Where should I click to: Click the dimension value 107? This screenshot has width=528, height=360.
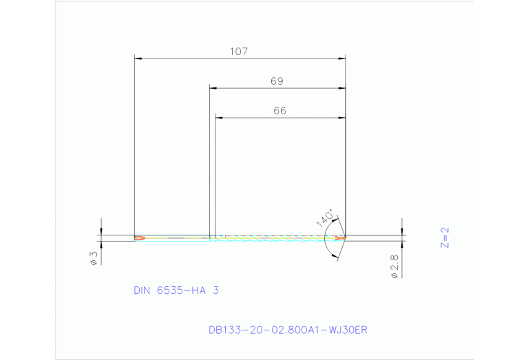click(239, 51)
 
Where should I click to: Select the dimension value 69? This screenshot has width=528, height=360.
click(277, 81)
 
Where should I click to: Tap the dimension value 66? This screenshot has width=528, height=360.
click(279, 110)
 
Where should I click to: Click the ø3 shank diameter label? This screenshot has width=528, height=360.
click(94, 258)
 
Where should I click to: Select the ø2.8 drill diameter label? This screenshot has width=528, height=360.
click(394, 266)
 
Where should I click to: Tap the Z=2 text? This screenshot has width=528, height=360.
click(444, 237)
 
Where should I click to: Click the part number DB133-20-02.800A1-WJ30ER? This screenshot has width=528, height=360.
click(288, 330)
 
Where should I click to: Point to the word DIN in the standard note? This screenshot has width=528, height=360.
click(143, 290)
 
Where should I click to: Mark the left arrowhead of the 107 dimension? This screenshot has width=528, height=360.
click(138, 59)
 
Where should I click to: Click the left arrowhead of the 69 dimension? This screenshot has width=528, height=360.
click(213, 89)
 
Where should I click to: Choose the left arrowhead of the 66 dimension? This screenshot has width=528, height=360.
click(219, 118)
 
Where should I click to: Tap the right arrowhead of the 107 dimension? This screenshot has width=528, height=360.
click(341, 59)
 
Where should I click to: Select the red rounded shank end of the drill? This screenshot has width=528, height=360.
click(140, 238)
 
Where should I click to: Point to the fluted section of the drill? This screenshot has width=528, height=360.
click(275, 238)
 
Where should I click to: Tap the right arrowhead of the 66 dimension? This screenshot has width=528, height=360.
click(341, 118)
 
